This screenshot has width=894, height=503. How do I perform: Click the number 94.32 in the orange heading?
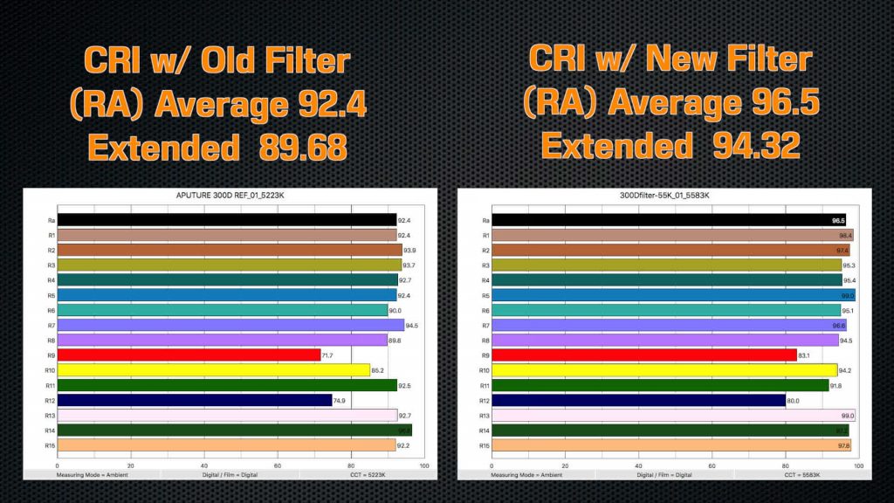pyautogui.click(x=755, y=144)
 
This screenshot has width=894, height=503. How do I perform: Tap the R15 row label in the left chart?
pyautogui.click(x=52, y=445)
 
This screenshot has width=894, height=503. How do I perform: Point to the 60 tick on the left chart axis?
pyautogui.click(x=278, y=465)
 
